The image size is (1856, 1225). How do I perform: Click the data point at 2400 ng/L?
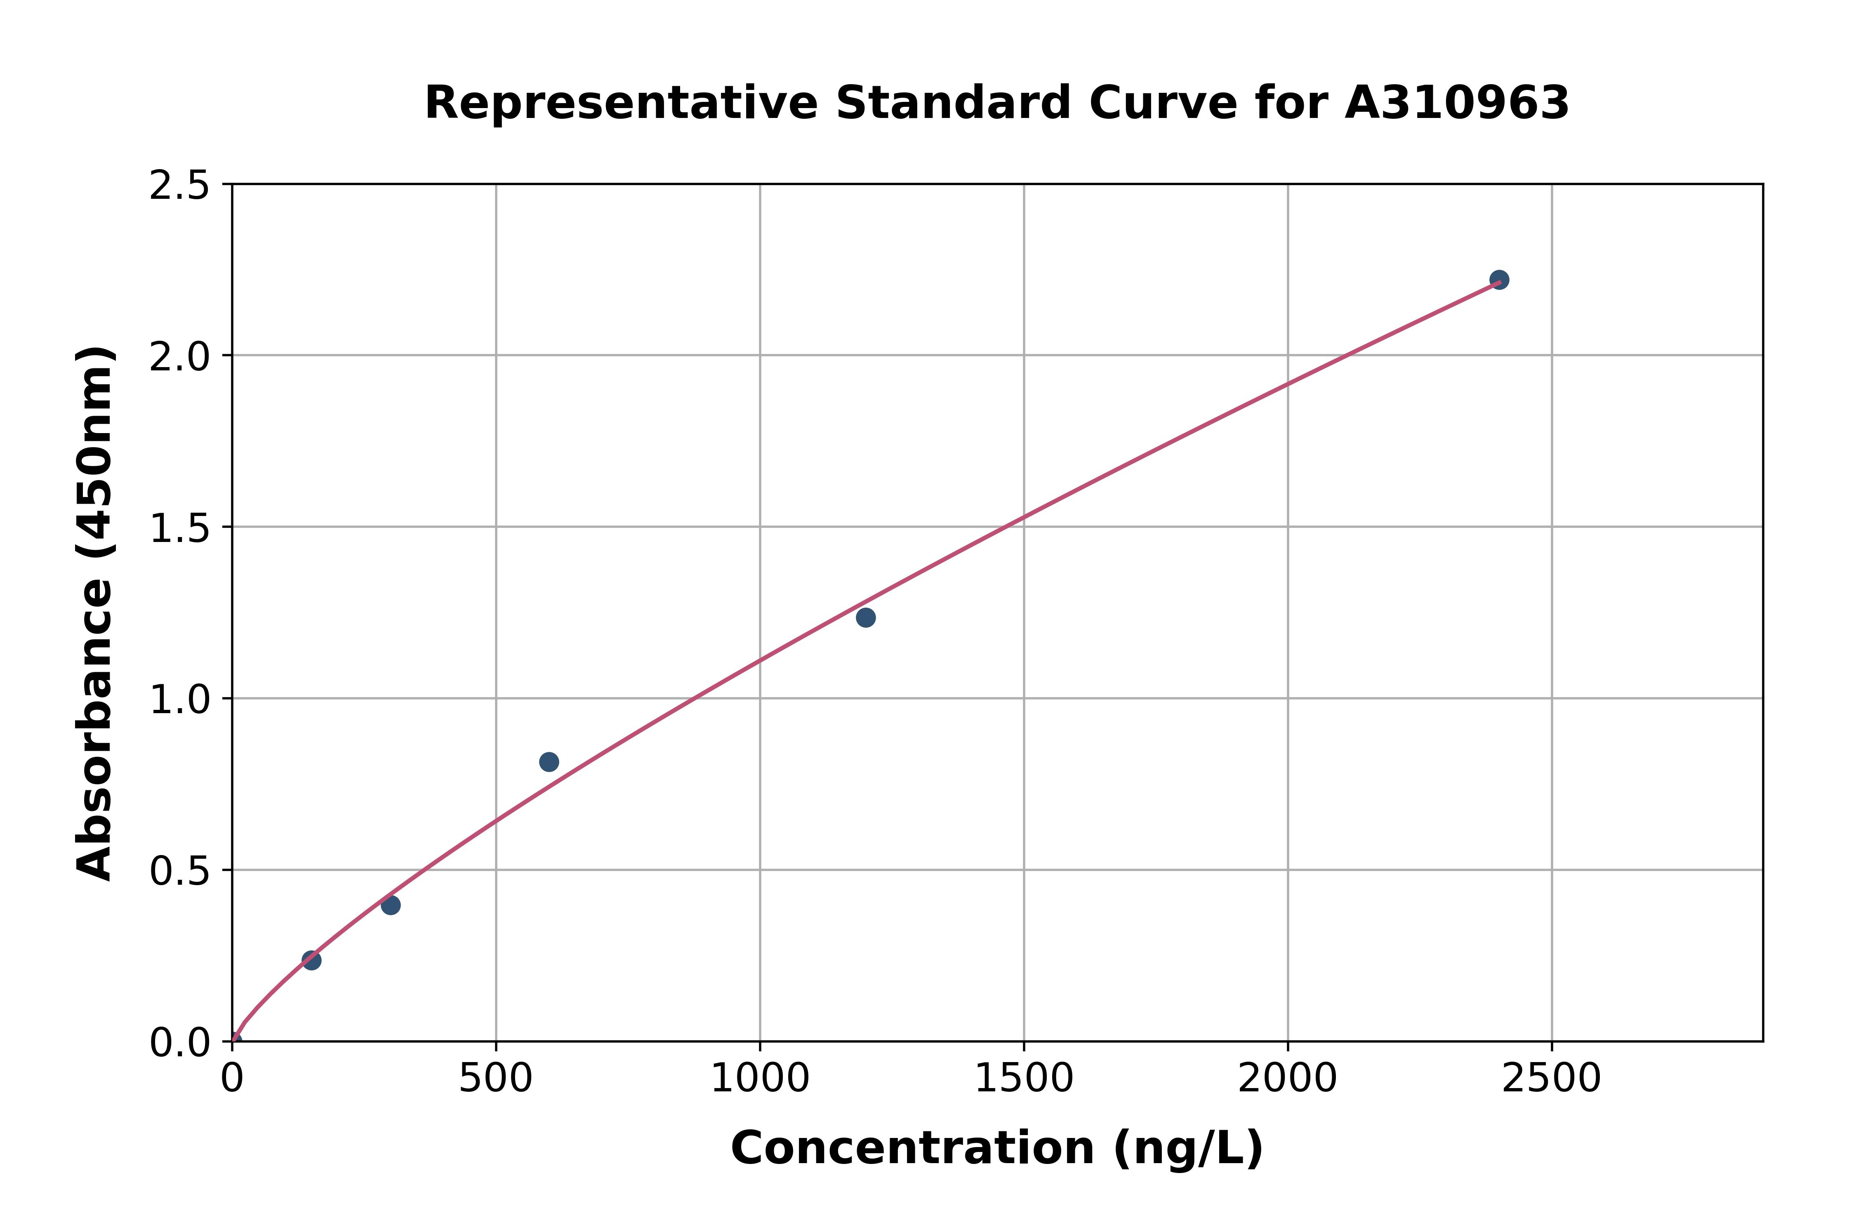(1498, 280)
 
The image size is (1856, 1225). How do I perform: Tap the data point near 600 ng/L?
(549, 762)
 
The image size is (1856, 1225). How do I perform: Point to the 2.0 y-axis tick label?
(180, 357)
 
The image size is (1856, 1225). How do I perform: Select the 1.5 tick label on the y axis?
(180, 529)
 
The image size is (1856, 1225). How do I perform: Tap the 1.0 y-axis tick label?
(180, 700)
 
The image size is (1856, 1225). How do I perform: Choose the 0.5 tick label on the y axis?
(180, 871)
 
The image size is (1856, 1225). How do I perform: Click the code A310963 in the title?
(1457, 103)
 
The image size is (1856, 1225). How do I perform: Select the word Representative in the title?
(621, 103)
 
